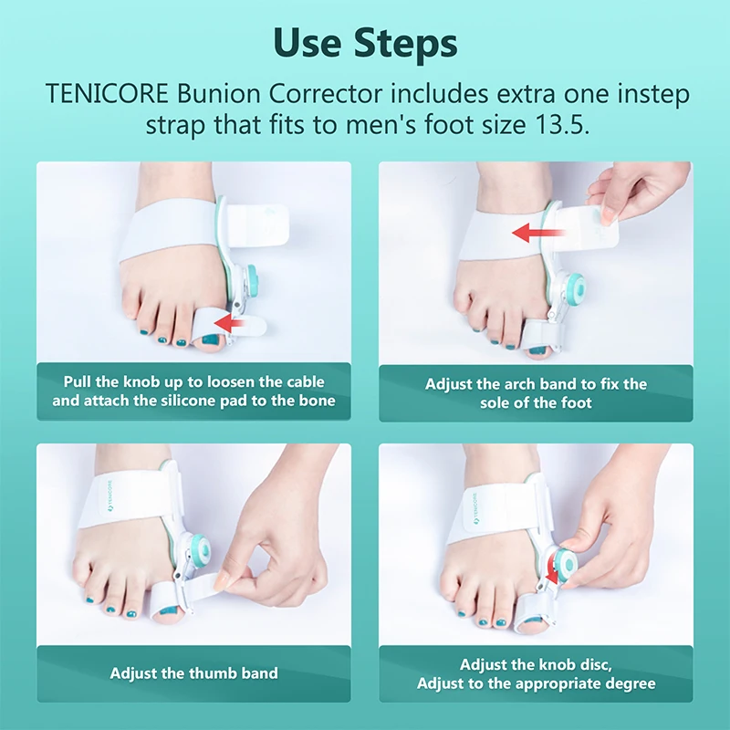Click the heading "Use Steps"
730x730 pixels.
pyautogui.click(x=365, y=42)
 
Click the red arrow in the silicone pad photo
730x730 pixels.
pyautogui.click(x=235, y=321)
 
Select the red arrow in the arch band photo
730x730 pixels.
pyautogui.click(x=539, y=234)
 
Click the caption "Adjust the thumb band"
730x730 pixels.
pyautogui.click(x=193, y=673)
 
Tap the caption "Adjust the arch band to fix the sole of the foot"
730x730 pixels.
pyautogui.click(x=536, y=393)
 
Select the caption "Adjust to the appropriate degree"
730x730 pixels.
pyautogui.click(x=536, y=683)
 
